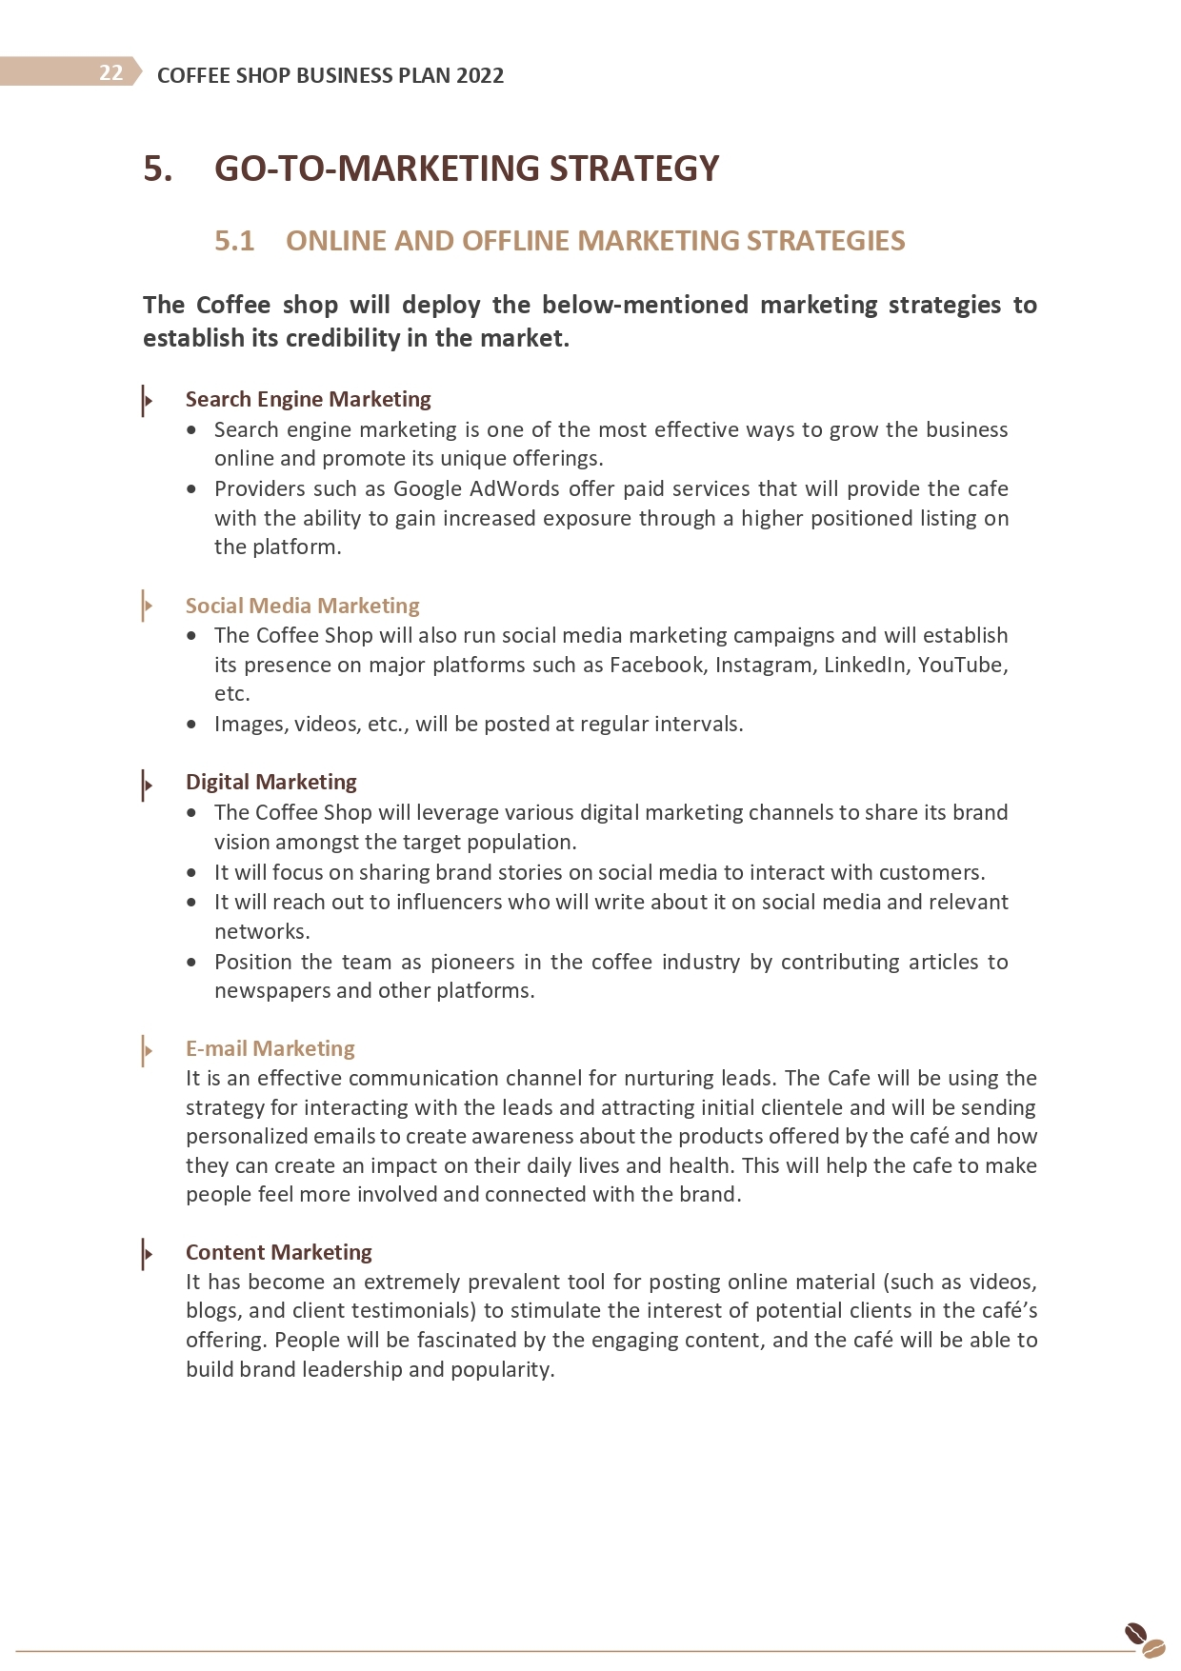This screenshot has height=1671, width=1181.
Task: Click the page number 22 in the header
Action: (x=110, y=73)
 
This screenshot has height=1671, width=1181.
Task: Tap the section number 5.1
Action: (x=234, y=241)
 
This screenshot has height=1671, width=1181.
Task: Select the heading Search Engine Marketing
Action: (x=308, y=399)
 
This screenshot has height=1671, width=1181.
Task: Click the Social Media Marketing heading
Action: (x=302, y=606)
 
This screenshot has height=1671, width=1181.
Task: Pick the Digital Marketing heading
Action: (x=270, y=782)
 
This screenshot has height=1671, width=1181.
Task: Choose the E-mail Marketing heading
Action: (x=270, y=1048)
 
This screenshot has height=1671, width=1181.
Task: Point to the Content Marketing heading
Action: (x=278, y=1252)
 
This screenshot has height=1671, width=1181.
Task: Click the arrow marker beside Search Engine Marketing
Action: (x=147, y=400)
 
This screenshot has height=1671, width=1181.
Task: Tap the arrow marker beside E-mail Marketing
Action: (x=147, y=1050)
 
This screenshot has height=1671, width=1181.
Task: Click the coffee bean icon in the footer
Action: (x=1144, y=1641)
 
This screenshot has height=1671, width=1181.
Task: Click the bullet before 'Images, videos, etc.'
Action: (x=192, y=725)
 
